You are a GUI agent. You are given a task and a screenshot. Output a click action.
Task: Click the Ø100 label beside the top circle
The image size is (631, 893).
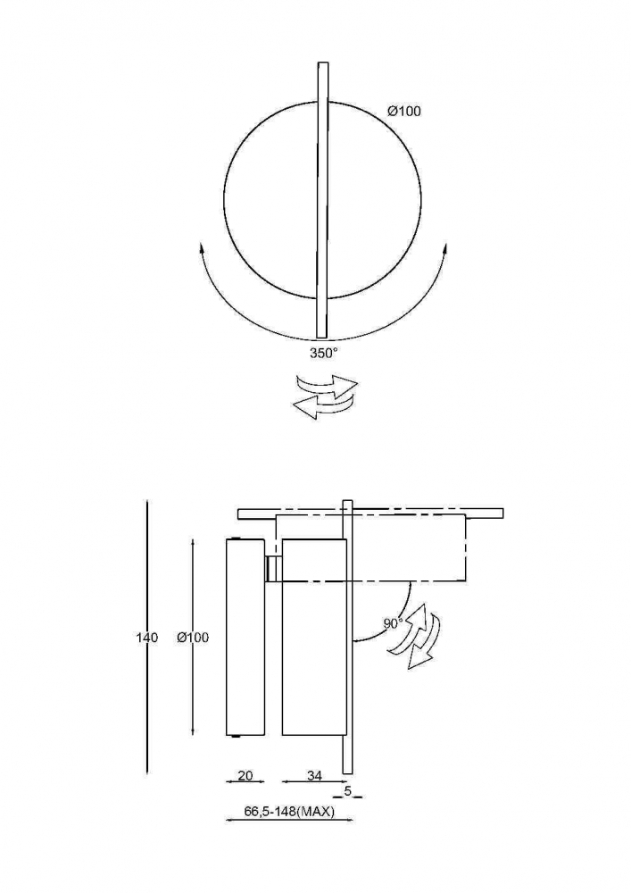pyautogui.click(x=404, y=111)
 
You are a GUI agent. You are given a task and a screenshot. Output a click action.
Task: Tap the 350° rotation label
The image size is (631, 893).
pyautogui.click(x=323, y=353)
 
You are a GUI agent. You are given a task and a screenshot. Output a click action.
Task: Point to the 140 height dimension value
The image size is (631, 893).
pyautogui.click(x=146, y=638)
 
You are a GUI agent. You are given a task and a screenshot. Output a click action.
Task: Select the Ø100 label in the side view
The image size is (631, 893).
pyautogui.click(x=192, y=638)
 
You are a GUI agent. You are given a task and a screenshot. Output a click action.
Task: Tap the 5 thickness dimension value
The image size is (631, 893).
pyautogui.click(x=348, y=790)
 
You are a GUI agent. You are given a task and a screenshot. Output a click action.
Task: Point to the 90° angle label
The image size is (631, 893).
pyautogui.click(x=394, y=623)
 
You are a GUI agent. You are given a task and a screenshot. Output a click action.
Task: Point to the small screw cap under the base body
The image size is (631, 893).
pyautogui.click(x=236, y=737)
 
